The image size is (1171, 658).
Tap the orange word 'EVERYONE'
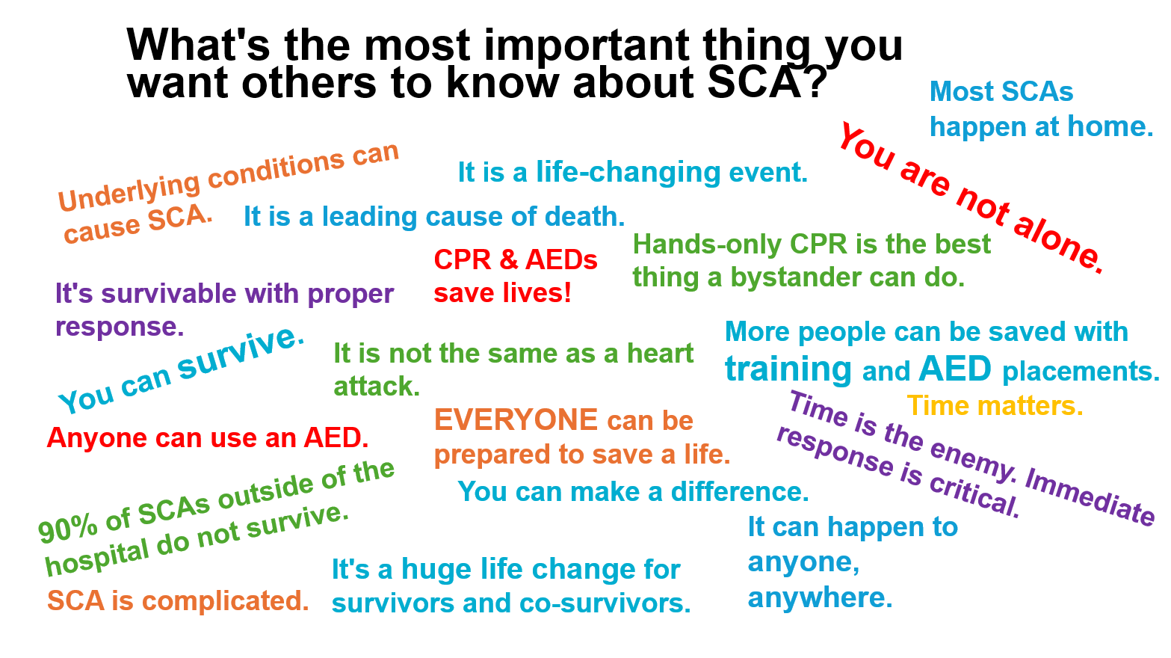516,420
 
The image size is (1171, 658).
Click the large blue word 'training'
788,369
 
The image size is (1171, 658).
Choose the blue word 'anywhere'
820,598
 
